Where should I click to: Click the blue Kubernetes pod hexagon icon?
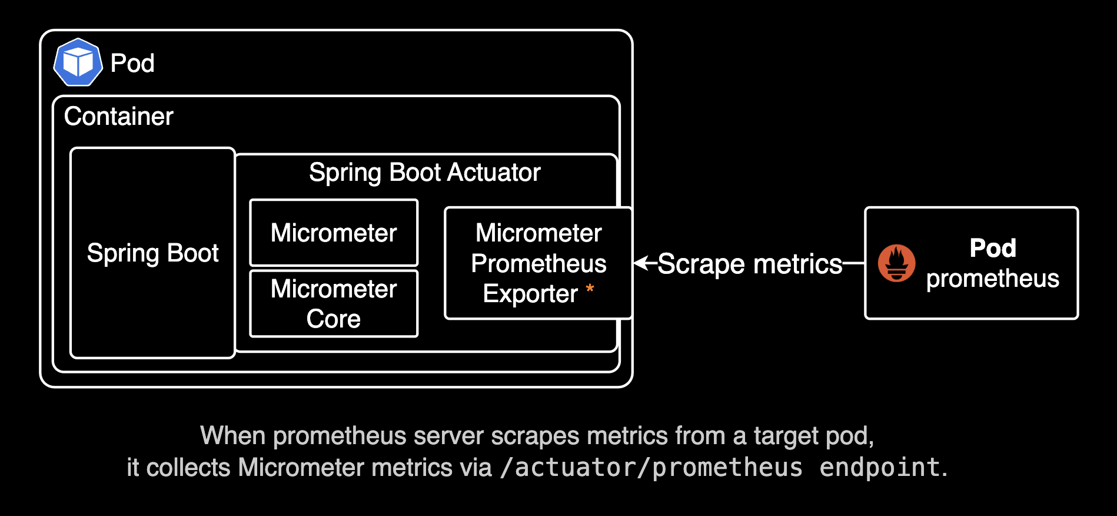click(78, 62)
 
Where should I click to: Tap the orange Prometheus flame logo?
click(896, 263)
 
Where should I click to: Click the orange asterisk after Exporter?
click(590, 289)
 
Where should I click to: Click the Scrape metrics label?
click(750, 264)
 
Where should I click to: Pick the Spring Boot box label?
click(152, 253)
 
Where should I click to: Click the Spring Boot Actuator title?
click(424, 173)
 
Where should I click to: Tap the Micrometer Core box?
click(334, 303)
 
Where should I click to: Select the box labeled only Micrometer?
click(334, 233)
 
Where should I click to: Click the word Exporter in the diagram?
click(530, 294)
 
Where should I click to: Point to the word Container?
click(118, 117)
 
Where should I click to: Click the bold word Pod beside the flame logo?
click(993, 248)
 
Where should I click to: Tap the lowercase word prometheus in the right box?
click(992, 279)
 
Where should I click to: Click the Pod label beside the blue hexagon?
click(132, 63)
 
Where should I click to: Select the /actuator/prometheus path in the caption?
click(651, 468)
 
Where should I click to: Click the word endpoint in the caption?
click(879, 468)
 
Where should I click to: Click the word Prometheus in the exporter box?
click(538, 263)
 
